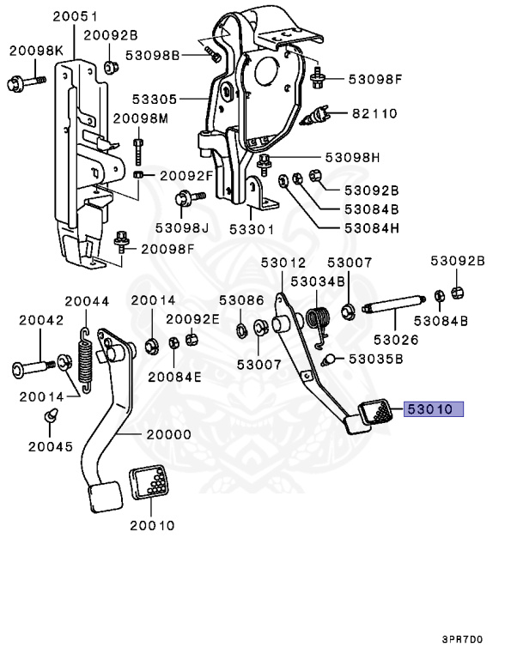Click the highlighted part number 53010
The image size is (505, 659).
coord(434,409)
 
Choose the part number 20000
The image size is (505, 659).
coord(168,435)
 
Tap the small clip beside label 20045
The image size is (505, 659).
coord(51,417)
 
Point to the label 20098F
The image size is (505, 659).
coord(167,249)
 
